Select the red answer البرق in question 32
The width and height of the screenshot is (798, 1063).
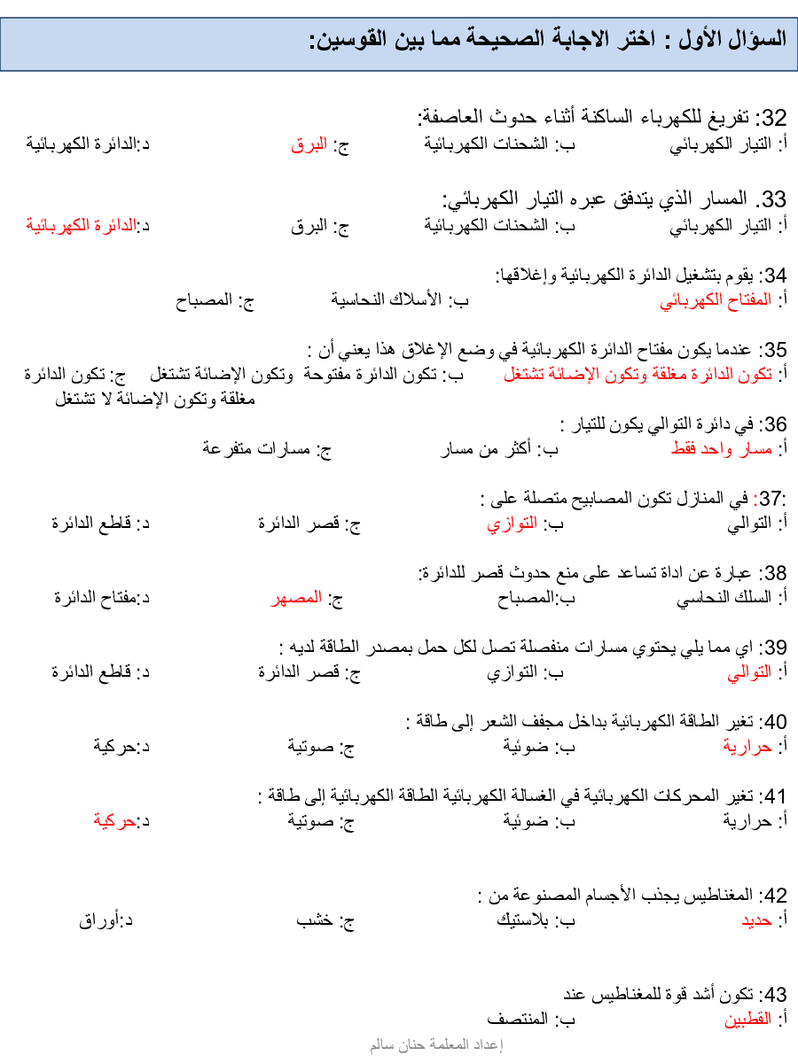309,144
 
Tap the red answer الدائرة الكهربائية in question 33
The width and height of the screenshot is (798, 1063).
82,225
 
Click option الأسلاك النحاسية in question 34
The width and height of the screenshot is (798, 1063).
391,300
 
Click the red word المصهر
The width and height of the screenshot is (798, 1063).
295,598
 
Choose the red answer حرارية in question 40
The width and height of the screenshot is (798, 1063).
748,747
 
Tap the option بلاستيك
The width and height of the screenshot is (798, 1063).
524,920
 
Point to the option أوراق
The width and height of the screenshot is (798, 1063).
99,920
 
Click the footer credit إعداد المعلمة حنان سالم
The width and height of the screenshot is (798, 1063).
436,1045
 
